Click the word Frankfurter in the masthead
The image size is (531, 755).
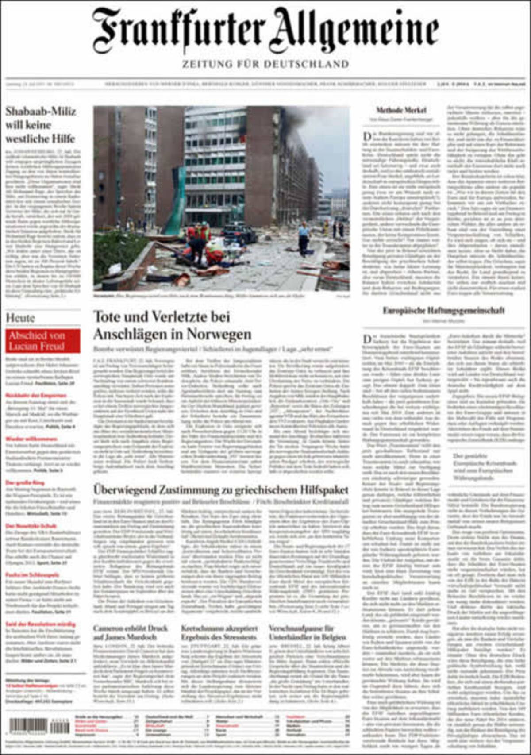click(x=179, y=30)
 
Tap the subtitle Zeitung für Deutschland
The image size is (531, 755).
click(x=265, y=64)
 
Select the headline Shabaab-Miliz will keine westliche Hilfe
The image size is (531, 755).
click(x=41, y=125)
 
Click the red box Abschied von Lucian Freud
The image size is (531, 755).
click(x=43, y=341)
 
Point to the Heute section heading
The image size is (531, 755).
click(x=20, y=318)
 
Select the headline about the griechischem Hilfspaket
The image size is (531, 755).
click(x=221, y=490)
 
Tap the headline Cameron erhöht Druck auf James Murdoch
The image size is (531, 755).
click(x=131, y=632)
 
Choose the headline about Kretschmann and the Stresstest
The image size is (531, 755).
click(x=219, y=632)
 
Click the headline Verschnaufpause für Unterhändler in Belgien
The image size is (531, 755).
click(x=308, y=632)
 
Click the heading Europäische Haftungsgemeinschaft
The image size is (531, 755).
click(x=443, y=310)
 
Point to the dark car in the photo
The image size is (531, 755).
click(x=239, y=233)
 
